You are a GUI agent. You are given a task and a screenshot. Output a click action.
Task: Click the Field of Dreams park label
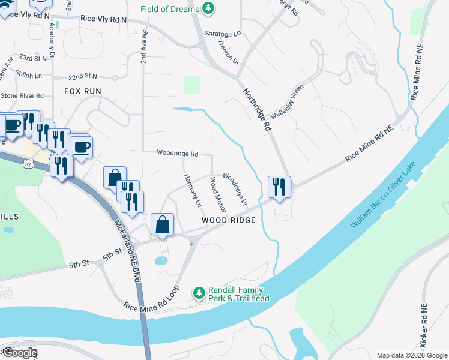click(170, 9)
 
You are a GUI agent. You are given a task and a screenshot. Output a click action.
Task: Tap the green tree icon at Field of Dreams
click(208, 8)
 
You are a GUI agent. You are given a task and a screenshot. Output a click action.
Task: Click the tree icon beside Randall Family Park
click(199, 293)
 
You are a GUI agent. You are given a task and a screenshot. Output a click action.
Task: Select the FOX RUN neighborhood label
click(83, 91)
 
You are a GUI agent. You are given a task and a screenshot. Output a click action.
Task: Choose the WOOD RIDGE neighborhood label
click(229, 220)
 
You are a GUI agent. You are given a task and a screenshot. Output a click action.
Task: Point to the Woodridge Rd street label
click(178, 154)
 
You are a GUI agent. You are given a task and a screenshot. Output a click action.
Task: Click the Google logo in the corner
click(19, 353)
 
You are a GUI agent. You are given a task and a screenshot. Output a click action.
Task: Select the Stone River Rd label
click(22, 95)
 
